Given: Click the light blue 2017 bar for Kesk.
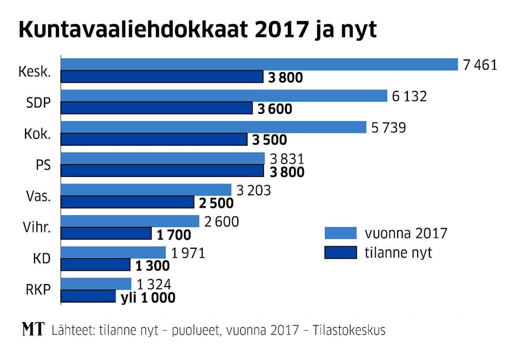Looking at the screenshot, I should (259, 64).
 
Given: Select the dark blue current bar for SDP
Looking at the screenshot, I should (157, 108).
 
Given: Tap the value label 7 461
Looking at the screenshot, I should (480, 65).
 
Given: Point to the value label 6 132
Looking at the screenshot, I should (409, 96).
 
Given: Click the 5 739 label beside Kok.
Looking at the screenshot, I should (388, 127).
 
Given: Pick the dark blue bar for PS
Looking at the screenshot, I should (162, 171).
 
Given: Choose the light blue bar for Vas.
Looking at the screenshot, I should (146, 190).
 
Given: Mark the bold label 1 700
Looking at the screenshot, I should (173, 235).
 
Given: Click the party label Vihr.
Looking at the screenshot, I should (37, 228).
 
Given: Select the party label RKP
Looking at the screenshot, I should (38, 290).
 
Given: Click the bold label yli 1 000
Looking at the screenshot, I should (148, 298).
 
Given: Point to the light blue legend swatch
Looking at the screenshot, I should (340, 233).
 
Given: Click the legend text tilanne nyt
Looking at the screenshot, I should (398, 253).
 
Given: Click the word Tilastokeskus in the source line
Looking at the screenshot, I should (353, 330).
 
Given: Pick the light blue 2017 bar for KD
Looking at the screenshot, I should (113, 252).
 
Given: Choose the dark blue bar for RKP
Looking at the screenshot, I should (88, 296).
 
